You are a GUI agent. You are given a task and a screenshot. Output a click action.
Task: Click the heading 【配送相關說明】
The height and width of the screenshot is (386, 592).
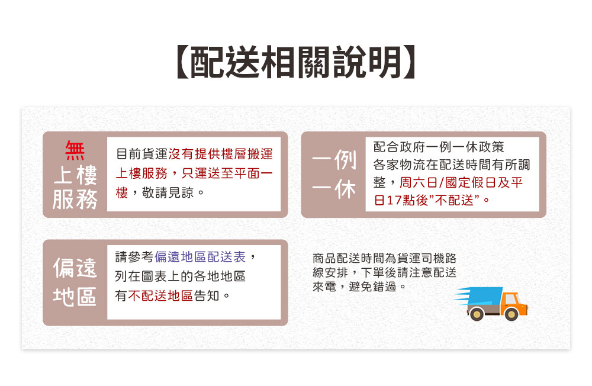point(296,62)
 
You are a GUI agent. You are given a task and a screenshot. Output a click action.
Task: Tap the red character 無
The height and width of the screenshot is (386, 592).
point(75,150)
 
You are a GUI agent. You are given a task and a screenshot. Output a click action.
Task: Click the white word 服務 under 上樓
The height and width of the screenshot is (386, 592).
point(75,199)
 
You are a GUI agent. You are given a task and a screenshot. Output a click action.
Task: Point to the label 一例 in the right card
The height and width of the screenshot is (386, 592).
point(334,160)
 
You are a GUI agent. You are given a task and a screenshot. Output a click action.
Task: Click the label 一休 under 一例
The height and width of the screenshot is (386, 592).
point(334,189)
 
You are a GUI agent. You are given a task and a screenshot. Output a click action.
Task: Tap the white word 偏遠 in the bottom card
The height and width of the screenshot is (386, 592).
point(75,268)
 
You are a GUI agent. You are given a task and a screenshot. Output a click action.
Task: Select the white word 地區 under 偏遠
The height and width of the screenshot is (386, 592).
point(75,297)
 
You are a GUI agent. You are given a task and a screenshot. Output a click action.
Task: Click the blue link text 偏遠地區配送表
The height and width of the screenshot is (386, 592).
point(200,257)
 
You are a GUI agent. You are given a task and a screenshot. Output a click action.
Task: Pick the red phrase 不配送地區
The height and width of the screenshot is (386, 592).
point(160,296)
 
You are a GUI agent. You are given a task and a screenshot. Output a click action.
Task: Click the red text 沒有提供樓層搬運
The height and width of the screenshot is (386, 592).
point(220,154)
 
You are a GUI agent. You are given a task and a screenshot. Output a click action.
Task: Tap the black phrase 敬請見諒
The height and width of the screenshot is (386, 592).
point(168,193)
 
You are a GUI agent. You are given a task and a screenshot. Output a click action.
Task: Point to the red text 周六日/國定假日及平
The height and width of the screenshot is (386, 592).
point(461,183)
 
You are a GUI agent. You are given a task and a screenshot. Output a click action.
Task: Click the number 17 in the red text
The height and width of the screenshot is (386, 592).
point(394,200)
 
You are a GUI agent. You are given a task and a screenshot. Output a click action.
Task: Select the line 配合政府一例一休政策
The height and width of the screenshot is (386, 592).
point(439,147)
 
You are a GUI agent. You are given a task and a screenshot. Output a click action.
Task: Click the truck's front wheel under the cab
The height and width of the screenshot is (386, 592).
point(511,314)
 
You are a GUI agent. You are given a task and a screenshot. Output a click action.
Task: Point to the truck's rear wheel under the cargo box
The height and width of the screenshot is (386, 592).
point(477,314)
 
